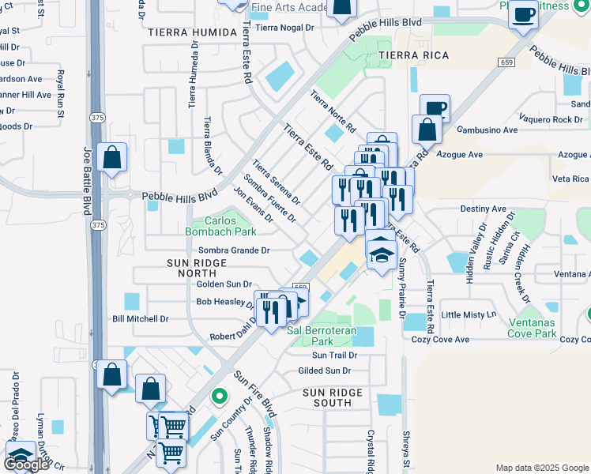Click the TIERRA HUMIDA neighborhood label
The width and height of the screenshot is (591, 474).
(x=192, y=32)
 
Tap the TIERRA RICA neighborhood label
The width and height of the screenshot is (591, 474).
(x=413, y=55)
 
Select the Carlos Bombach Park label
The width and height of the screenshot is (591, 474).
(x=220, y=227)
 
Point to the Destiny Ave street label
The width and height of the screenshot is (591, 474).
(x=483, y=209)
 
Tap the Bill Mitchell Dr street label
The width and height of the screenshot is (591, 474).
(x=141, y=319)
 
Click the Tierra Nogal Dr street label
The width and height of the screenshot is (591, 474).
(x=284, y=27)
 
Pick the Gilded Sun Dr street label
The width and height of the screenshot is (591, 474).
(x=324, y=371)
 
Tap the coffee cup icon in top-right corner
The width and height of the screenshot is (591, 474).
(x=522, y=15)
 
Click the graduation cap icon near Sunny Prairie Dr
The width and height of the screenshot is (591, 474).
(x=381, y=254)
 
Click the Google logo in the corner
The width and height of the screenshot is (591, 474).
(x=26, y=465)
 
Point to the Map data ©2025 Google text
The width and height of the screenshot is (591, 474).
(x=541, y=468)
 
